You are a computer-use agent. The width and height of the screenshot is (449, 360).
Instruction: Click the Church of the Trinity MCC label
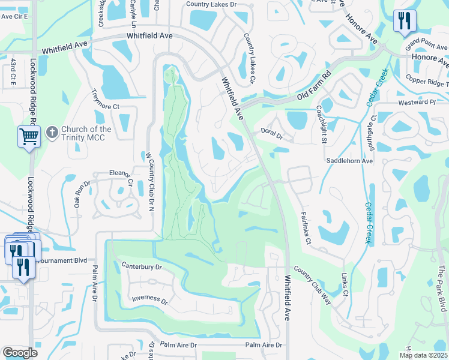click(86, 133)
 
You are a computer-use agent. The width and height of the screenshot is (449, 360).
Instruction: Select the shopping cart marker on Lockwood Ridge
click(29, 137)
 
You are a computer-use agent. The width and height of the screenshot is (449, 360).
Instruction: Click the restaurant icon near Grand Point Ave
click(402, 22)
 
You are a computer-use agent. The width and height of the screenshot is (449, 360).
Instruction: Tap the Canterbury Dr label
click(142, 266)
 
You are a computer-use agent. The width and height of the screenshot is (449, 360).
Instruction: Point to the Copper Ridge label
click(426, 80)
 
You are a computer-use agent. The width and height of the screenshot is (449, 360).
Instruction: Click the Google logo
click(19, 353)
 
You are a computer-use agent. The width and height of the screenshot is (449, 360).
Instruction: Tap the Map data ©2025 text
click(423, 355)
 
